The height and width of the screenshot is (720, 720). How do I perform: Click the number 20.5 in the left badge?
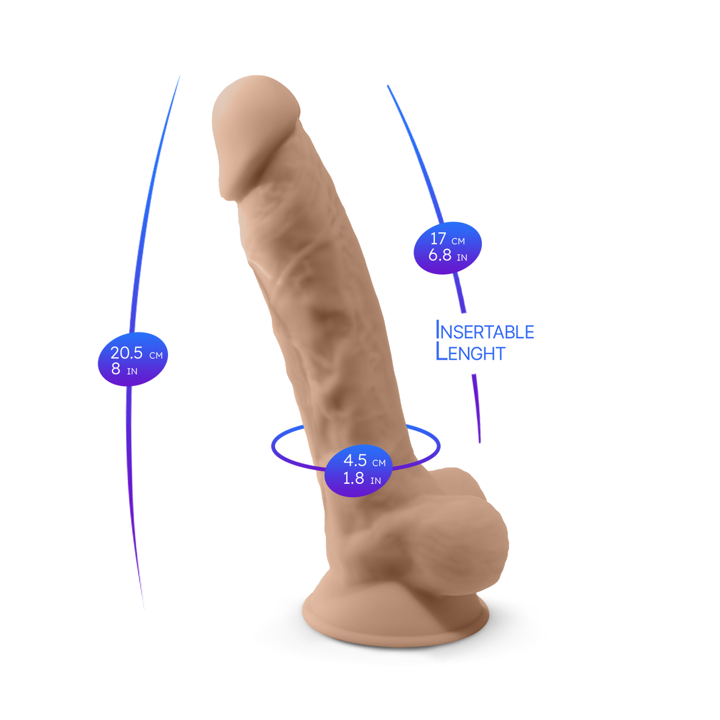pyautogui.click(x=126, y=353)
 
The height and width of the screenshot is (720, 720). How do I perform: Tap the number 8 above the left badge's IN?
pyautogui.click(x=116, y=369)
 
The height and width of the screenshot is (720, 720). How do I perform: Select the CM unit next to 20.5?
pyautogui.click(x=156, y=355)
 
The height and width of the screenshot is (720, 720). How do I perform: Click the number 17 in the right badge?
pyautogui.click(x=438, y=238)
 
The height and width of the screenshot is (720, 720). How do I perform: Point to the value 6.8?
pyautogui.click(x=440, y=255)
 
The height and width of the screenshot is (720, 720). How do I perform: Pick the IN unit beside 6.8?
pyautogui.click(x=462, y=258)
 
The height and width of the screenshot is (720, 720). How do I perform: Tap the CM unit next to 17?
pyautogui.click(x=458, y=241)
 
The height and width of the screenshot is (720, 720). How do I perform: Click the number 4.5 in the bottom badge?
pyautogui.click(x=355, y=460)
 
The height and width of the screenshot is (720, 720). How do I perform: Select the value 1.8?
pyautogui.click(x=353, y=478)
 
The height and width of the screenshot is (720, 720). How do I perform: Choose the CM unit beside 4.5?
pyautogui.click(x=379, y=463)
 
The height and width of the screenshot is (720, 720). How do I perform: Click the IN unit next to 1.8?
pyautogui.click(x=376, y=481)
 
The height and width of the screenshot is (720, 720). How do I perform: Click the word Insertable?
pyautogui.click(x=485, y=330)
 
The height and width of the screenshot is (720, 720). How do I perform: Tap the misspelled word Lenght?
pyautogui.click(x=470, y=352)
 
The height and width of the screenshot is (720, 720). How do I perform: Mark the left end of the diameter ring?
pyautogui.click(x=273, y=445)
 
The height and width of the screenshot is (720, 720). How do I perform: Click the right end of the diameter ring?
pyautogui.click(x=439, y=445)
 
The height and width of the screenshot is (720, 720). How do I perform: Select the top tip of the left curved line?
pyautogui.click(x=180, y=75)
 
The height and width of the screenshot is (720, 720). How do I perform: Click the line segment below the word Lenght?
pyautogui.click(x=477, y=409)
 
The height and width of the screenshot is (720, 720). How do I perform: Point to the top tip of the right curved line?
pyautogui.click(x=388, y=86)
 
